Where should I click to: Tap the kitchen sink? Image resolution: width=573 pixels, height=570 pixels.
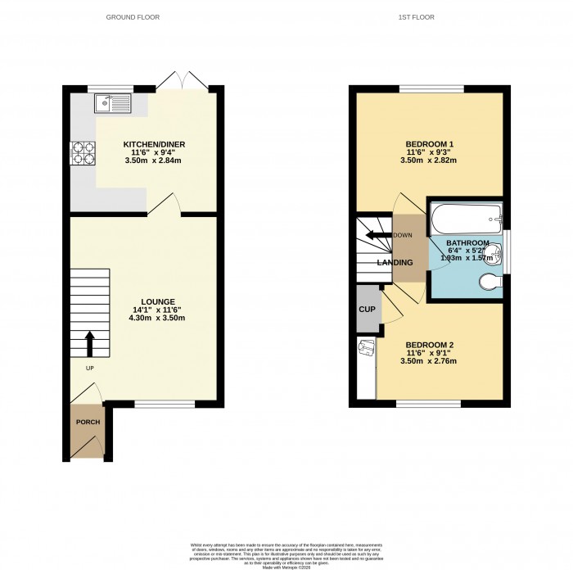coord(109,103)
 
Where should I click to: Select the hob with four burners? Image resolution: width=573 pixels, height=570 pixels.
coord(83,153)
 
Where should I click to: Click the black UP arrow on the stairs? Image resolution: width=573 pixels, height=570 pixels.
coord(89,343)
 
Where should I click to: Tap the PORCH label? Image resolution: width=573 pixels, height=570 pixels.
coord(88,423)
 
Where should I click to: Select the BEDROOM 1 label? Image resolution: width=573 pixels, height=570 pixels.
coord(429,144)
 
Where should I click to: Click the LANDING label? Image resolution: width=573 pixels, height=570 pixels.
coord(394,262)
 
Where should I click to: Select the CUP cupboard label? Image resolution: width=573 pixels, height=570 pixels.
coord(368,310)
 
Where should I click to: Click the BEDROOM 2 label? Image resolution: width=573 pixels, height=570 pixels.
coord(429,344)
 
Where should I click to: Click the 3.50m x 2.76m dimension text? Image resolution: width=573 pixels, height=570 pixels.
coord(429,360)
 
